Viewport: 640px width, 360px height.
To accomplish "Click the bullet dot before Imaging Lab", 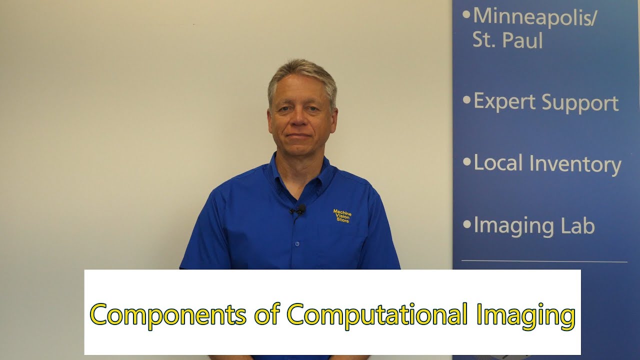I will click(466, 225).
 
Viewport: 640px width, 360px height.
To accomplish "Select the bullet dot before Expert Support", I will click(466, 100).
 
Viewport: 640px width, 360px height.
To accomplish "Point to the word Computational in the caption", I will click(373, 315).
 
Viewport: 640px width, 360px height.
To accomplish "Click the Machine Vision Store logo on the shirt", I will click(342, 216).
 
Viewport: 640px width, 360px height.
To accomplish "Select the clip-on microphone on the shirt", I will click(298, 210).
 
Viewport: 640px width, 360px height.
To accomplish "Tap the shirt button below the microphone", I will click(297, 243).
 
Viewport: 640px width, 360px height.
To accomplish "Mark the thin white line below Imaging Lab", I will click(544, 261).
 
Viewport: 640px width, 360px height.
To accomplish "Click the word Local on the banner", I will click(498, 163).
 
